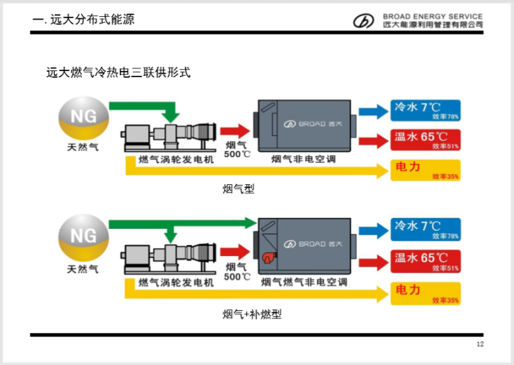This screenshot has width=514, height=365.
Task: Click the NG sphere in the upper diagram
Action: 83,118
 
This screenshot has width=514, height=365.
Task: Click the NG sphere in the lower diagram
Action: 83,235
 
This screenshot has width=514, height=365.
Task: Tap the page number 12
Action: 480,345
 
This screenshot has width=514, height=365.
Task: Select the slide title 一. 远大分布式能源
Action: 83,19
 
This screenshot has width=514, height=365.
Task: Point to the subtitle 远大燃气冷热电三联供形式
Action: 118,72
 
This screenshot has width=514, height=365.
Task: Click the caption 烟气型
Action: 239,189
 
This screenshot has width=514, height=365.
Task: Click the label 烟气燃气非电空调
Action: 304,282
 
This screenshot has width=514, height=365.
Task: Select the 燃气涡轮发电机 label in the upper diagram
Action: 176,160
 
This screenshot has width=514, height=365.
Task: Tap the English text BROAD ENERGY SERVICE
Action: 432,16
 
